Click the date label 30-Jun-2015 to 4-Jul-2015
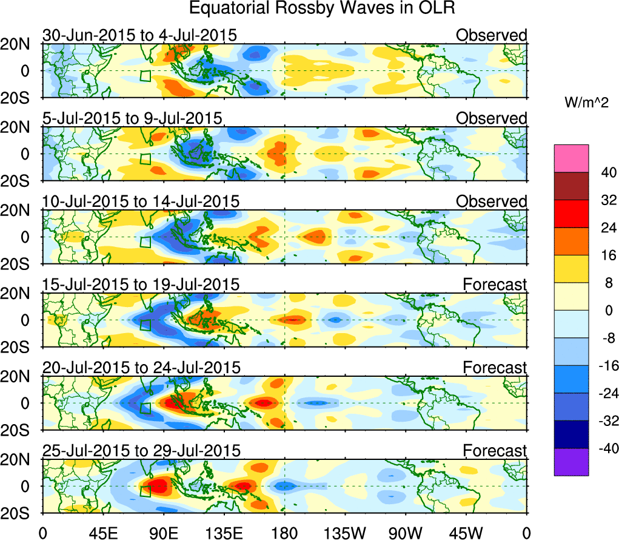139,35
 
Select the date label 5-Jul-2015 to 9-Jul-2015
132,118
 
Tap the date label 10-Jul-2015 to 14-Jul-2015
141,201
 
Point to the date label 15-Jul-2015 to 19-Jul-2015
141,284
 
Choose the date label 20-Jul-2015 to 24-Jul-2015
141,367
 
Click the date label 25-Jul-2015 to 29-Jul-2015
141,450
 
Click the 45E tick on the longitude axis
102,532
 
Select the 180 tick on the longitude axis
284,532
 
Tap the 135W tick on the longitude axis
345,532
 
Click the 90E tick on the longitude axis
163,532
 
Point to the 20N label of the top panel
21,44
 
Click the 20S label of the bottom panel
21,513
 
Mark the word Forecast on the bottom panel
495,450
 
